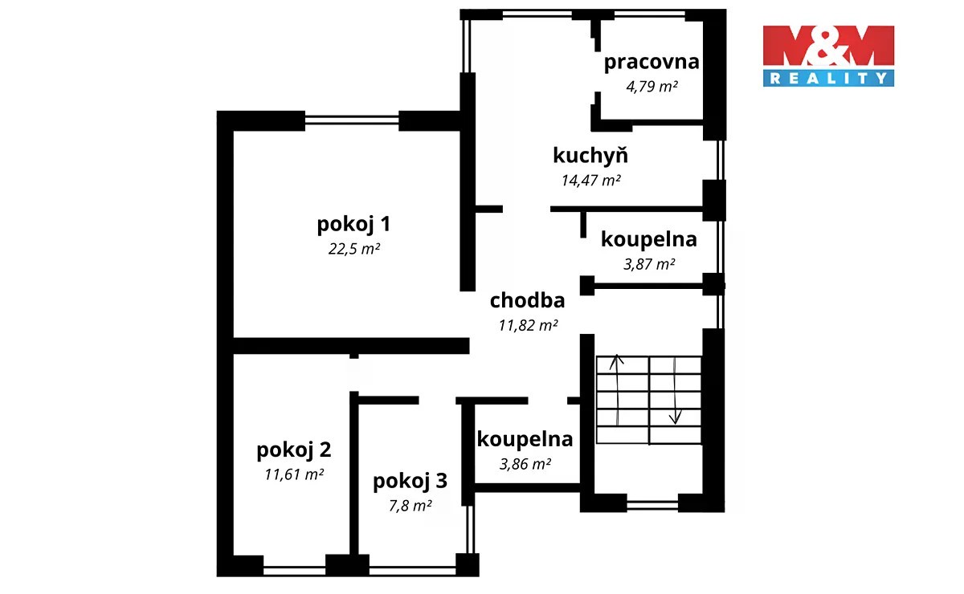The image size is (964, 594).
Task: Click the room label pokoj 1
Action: (353, 225)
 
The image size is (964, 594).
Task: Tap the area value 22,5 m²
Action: (354, 249)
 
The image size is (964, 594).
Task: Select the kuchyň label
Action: (590, 155)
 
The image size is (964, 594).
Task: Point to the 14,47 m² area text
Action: (591, 180)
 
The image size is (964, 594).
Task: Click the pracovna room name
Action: (652, 63)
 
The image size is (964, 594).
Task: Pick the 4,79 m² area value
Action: (652, 87)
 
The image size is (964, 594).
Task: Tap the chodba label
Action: (527, 300)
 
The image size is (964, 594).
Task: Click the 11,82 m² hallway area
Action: (528, 325)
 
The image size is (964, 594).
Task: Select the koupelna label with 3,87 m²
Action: (649, 240)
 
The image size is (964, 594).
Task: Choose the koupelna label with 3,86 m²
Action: (525, 440)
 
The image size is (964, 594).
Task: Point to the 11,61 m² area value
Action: (294, 474)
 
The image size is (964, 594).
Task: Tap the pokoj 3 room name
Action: (411, 482)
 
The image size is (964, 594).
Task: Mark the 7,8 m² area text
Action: (411, 506)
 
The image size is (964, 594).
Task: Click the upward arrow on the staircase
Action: (617, 390)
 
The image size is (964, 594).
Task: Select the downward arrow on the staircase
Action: (675, 391)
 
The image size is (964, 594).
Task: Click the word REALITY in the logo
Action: (828, 79)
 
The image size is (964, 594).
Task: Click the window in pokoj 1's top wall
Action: (352, 120)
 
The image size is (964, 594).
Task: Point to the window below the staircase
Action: (652, 505)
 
